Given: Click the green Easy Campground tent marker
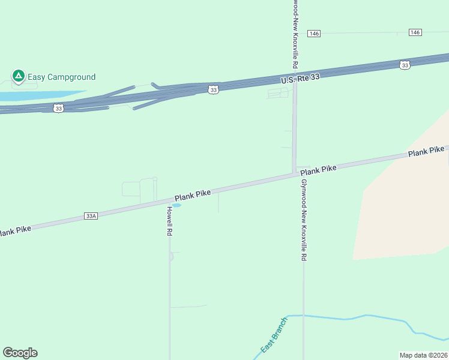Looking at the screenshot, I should coord(18,76).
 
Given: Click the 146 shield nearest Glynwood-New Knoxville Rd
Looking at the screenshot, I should coord(314,34).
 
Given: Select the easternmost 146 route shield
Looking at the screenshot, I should coord(415,32).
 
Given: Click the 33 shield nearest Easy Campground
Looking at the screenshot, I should coord(58,108).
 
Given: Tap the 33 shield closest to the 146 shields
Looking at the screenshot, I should coord(405,65).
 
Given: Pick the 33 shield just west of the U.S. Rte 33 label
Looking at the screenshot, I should coord(213,89).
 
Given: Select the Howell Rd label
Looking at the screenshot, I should coord(169,221).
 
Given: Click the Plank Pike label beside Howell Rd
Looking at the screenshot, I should coord(193,195).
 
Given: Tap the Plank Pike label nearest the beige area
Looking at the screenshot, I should coord(427,152).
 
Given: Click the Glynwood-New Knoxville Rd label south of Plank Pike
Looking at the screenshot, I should coord(304,220).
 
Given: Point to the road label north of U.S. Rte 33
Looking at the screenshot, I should coord(295,34).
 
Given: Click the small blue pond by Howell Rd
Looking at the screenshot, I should coord(176,205).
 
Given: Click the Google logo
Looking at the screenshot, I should coord(20,353).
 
